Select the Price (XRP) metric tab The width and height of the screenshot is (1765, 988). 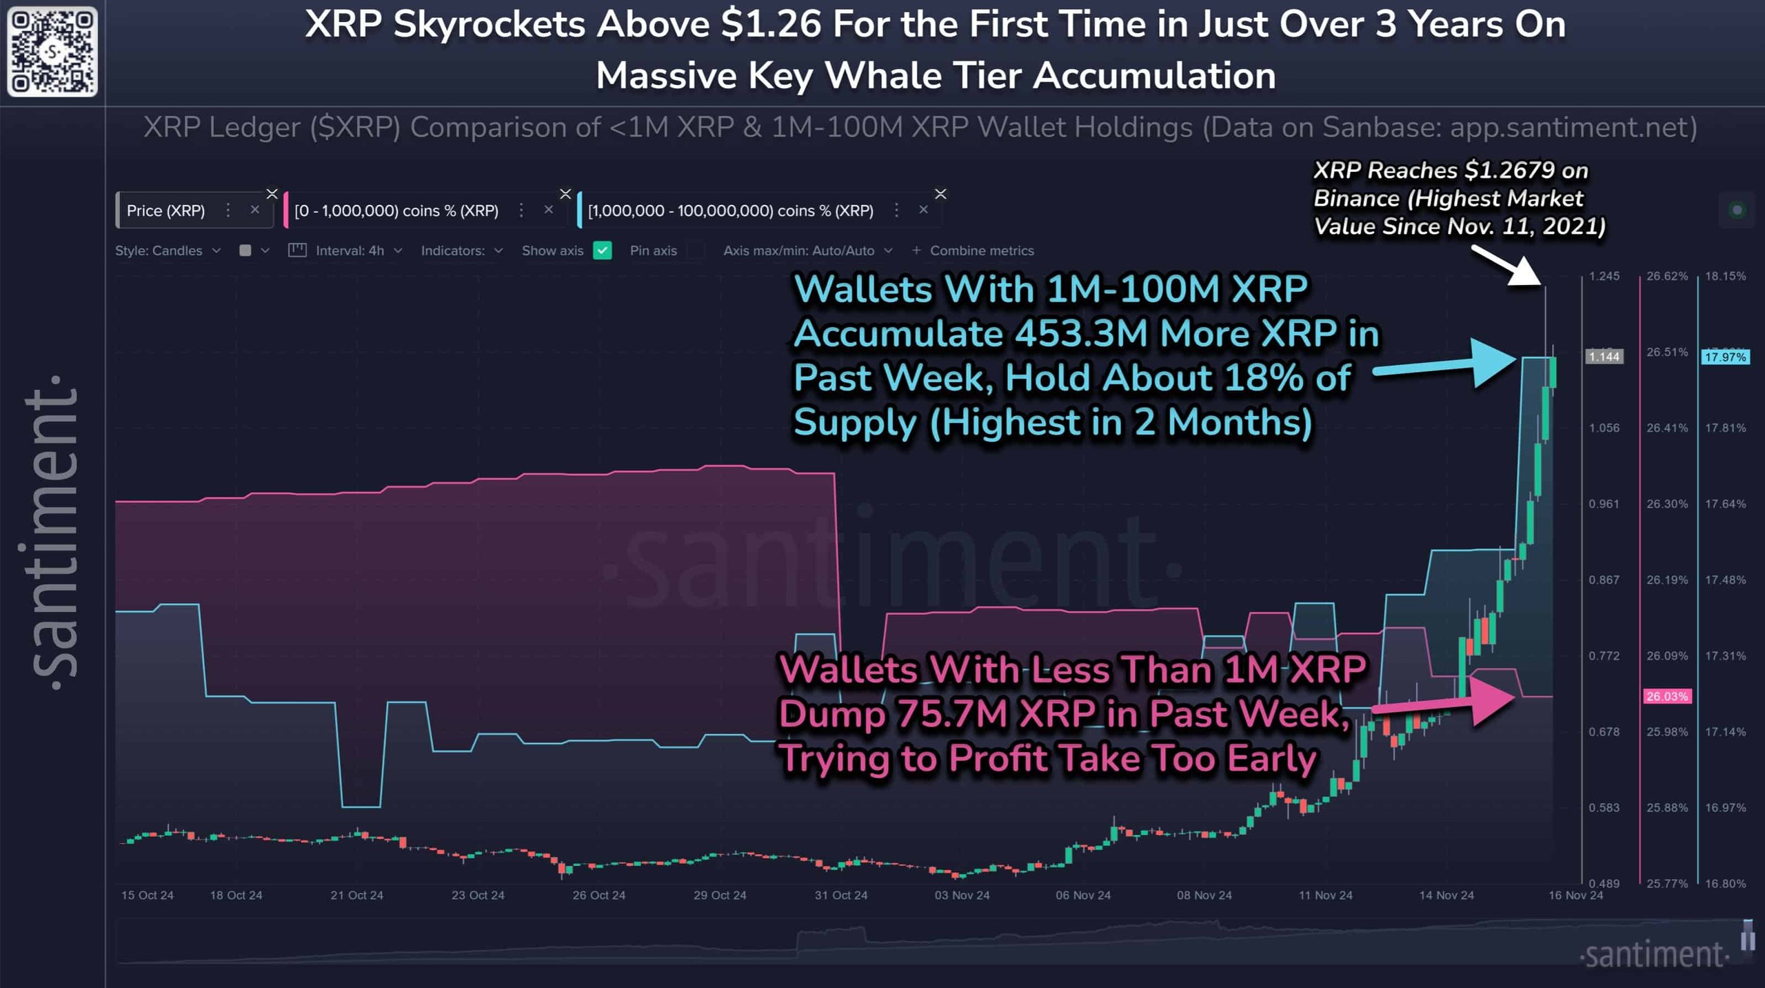tap(165, 210)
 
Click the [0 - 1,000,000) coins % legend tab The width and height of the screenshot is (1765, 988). tap(396, 210)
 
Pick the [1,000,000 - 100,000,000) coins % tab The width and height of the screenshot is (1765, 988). tap(730, 210)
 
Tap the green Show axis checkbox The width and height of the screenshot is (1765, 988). tap(602, 250)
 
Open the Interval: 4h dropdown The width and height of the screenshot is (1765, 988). tap(358, 250)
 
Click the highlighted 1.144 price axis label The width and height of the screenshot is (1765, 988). tap(1604, 357)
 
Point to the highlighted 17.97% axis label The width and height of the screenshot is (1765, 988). tap(1724, 357)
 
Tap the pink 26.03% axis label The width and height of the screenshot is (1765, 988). tap(1666, 696)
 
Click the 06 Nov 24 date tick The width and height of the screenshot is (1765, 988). tap(1082, 895)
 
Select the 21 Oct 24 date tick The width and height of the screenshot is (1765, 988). tap(356, 895)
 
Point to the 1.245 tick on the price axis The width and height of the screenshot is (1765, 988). tap(1604, 276)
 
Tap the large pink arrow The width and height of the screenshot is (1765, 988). tap(1448, 701)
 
